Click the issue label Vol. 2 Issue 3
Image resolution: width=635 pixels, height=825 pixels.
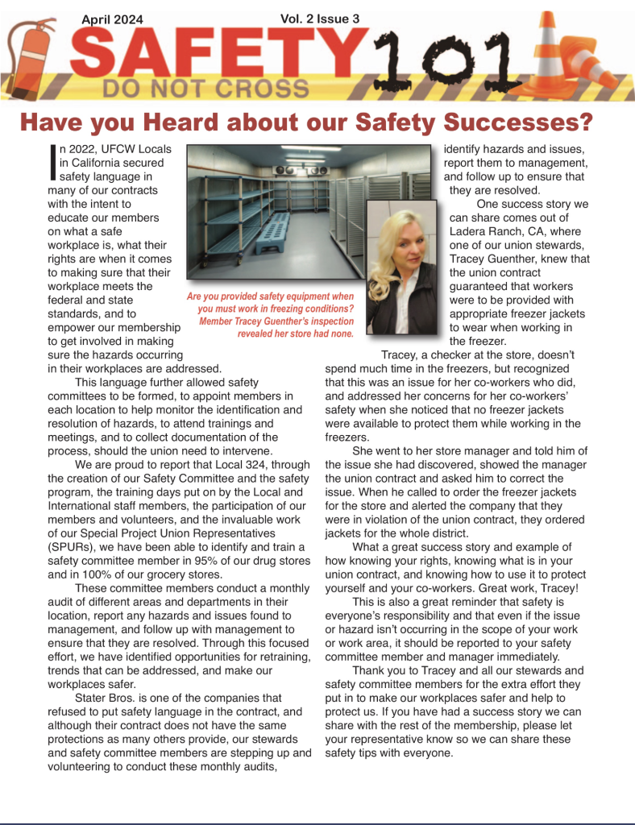320,17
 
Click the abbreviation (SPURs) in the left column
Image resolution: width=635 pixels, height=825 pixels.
78,547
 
